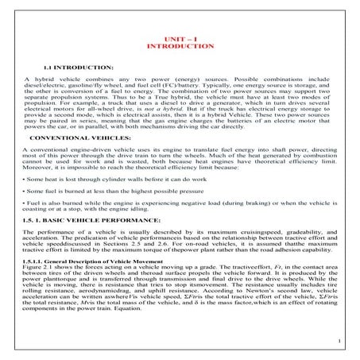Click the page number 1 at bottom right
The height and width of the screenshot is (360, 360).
[339, 342]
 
